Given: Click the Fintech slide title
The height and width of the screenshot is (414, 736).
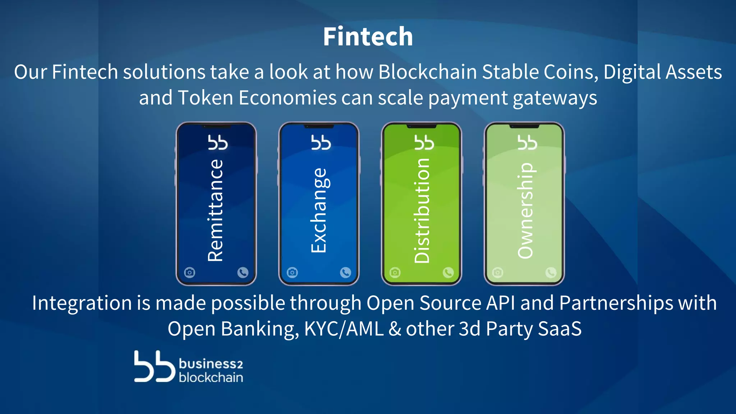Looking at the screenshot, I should click(x=368, y=37).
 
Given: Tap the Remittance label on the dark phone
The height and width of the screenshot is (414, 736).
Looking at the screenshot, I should click(x=216, y=210).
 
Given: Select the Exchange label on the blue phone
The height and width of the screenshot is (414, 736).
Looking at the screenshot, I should click(x=319, y=210).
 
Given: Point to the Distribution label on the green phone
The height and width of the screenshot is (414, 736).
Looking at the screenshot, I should click(x=422, y=210).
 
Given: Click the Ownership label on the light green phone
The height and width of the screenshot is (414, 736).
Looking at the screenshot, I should click(x=525, y=210).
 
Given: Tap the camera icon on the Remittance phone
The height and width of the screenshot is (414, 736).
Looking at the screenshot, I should click(x=190, y=272).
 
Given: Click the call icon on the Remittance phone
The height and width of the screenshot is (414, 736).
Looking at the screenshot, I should click(x=243, y=272).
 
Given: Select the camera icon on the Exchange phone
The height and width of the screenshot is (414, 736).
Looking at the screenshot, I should click(x=292, y=272).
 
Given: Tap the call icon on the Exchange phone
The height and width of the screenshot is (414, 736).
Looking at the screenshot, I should click(x=345, y=272).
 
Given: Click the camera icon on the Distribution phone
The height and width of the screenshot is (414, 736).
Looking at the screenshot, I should click(x=395, y=272).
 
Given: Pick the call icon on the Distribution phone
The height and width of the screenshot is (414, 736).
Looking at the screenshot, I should click(x=448, y=272).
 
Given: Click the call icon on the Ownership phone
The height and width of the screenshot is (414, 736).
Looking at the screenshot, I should click(x=551, y=272).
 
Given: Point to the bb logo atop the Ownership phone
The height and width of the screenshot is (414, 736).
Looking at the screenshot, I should click(x=527, y=142).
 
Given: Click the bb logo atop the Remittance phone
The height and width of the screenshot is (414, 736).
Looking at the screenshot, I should click(x=218, y=142).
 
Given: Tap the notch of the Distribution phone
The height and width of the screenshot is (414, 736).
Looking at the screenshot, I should click(x=422, y=126).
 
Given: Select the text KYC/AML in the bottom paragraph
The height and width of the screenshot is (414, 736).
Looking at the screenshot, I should click(x=344, y=328).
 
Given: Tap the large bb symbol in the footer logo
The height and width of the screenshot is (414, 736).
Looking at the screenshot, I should click(x=154, y=366).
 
